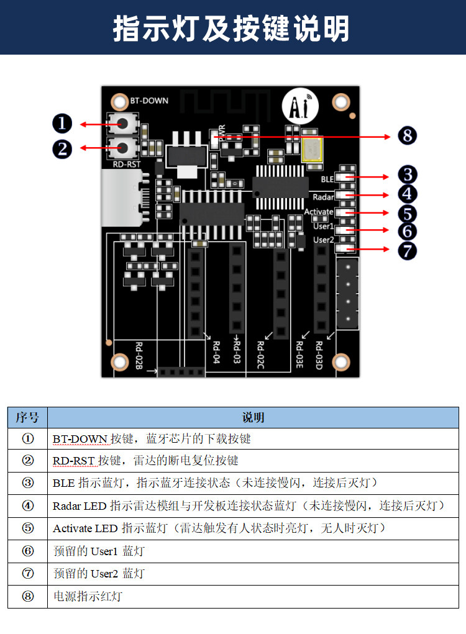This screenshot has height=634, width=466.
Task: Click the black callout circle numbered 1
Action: point(62,124)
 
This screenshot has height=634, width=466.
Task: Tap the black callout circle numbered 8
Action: point(407,135)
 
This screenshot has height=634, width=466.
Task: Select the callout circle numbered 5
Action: point(407,214)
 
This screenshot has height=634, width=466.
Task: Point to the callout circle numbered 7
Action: point(407,250)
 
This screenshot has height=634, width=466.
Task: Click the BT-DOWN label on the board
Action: point(149,101)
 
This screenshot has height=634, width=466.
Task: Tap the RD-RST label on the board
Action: point(127,164)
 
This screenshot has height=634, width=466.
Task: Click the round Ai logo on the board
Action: point(300,106)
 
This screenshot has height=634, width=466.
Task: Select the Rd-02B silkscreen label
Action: point(139,355)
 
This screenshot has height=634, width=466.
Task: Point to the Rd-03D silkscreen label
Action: point(319,355)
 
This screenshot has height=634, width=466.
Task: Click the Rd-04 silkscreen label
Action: point(216,352)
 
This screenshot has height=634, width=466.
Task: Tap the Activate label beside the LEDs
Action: point(319,212)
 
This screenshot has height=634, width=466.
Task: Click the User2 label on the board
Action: point(324,240)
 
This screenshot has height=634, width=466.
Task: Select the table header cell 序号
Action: point(27,417)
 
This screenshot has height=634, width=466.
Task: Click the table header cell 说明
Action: point(254,417)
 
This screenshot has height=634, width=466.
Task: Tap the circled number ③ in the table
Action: point(28,482)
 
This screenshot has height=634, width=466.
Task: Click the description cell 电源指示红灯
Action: point(88,596)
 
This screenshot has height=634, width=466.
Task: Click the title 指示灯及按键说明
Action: point(231,29)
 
